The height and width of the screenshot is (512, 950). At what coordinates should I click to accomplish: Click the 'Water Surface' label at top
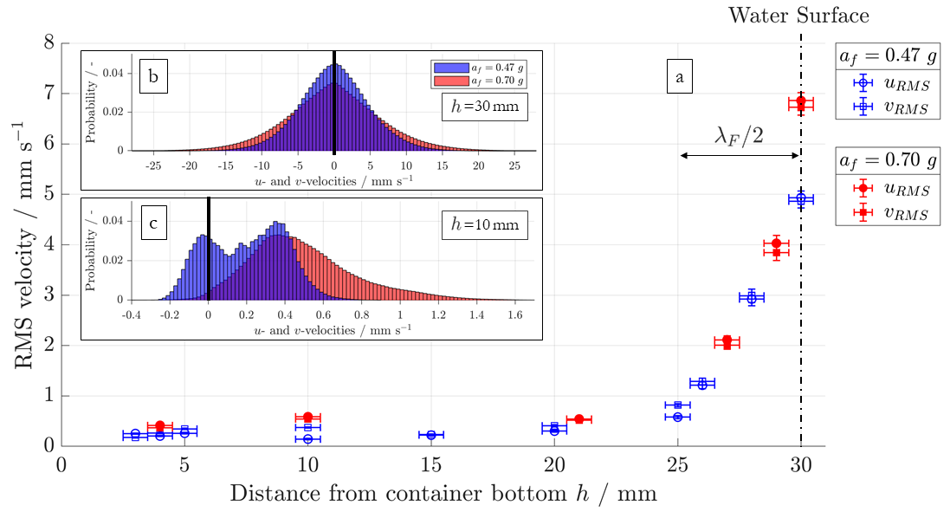(798, 15)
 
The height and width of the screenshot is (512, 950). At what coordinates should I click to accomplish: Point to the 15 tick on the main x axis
(431, 465)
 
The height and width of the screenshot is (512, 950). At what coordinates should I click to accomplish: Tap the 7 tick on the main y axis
(49, 93)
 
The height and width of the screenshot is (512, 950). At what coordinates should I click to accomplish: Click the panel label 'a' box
(680, 78)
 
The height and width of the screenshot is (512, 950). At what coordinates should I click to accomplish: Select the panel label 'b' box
(152, 77)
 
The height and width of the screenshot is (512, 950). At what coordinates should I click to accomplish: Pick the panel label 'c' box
(152, 223)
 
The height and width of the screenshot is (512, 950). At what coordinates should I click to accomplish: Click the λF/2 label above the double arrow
(739, 136)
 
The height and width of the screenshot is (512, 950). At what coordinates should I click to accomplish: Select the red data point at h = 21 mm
(579, 419)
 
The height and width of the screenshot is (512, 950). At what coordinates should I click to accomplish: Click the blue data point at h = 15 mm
(431, 434)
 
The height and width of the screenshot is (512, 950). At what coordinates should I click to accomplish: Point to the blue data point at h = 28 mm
(752, 297)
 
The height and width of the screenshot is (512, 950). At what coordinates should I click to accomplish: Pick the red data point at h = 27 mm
(727, 342)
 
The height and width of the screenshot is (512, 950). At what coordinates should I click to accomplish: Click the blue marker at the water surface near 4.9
(801, 199)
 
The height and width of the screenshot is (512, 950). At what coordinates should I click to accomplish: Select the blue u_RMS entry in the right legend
(863, 84)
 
